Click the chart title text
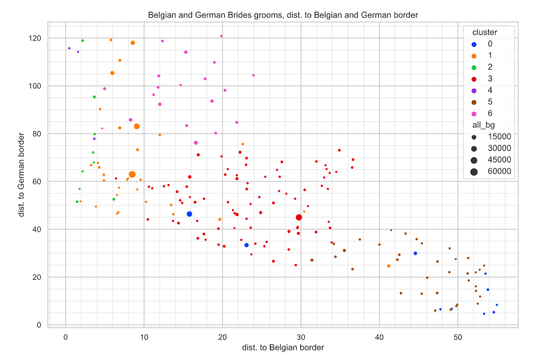(x=282, y=15)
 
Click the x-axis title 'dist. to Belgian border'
(x=282, y=348)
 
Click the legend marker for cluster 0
(x=474, y=44)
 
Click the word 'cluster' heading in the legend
(x=485, y=33)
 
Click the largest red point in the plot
(x=299, y=217)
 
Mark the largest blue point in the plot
(x=189, y=214)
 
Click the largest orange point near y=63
(x=132, y=174)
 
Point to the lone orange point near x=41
(x=389, y=266)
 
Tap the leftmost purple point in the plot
(x=69, y=48)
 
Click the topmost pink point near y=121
(x=221, y=36)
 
